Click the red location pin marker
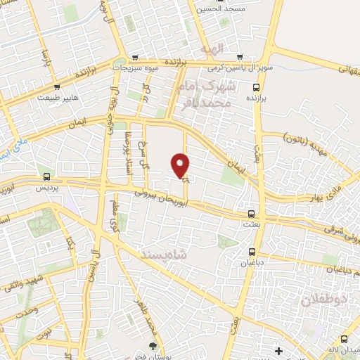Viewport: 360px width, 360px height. tap(181, 165)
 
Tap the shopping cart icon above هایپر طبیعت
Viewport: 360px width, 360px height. tap(56, 86)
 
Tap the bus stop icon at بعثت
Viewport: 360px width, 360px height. tap(251, 214)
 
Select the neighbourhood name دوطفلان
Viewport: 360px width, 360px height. tap(325, 300)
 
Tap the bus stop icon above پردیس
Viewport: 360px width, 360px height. tap(47, 176)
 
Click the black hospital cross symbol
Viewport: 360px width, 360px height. tap(278, 350)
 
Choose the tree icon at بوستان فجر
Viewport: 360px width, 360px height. tap(153, 345)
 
